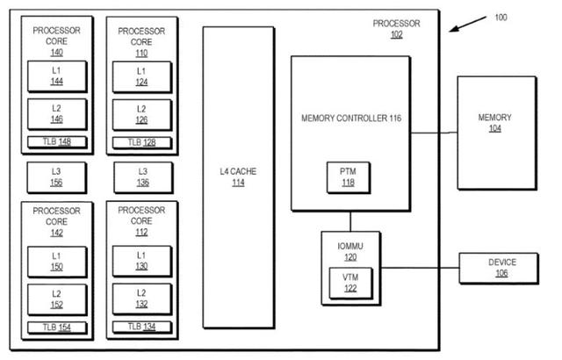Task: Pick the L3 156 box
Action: (55, 177)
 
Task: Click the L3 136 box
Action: (142, 177)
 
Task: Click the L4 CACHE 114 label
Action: (238, 177)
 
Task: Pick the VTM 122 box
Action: (350, 282)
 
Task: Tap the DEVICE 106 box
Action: (501, 268)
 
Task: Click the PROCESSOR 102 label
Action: (396, 29)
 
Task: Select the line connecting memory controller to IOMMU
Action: (351, 220)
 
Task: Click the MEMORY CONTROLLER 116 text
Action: (350, 117)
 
